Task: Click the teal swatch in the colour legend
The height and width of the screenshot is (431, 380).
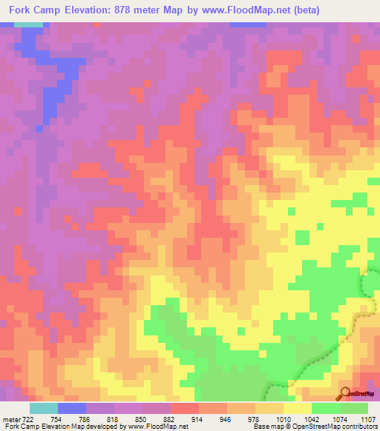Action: (44, 408)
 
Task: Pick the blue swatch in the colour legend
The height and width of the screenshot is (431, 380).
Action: (72, 408)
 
